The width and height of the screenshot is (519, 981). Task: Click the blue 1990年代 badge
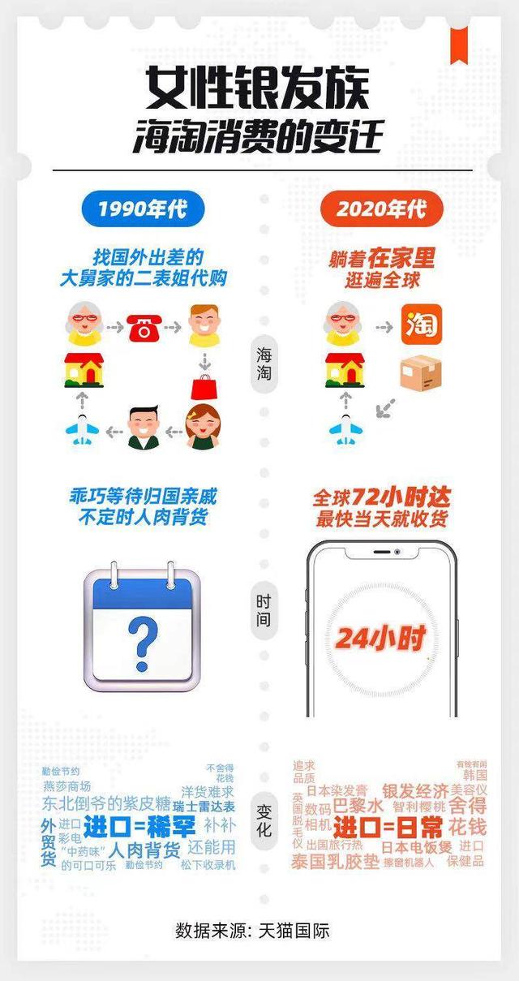[x=143, y=209]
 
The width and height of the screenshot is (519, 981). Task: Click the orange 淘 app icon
[x=422, y=325]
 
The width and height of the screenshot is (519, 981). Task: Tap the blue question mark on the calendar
[x=143, y=637]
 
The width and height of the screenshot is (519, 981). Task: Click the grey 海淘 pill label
[x=264, y=367]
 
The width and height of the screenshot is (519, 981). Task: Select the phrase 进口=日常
[x=388, y=828]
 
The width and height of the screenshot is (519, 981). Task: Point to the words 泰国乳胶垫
[x=335, y=861]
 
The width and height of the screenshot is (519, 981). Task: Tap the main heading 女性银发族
[x=258, y=88]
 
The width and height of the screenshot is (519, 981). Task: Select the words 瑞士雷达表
[x=204, y=807]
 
